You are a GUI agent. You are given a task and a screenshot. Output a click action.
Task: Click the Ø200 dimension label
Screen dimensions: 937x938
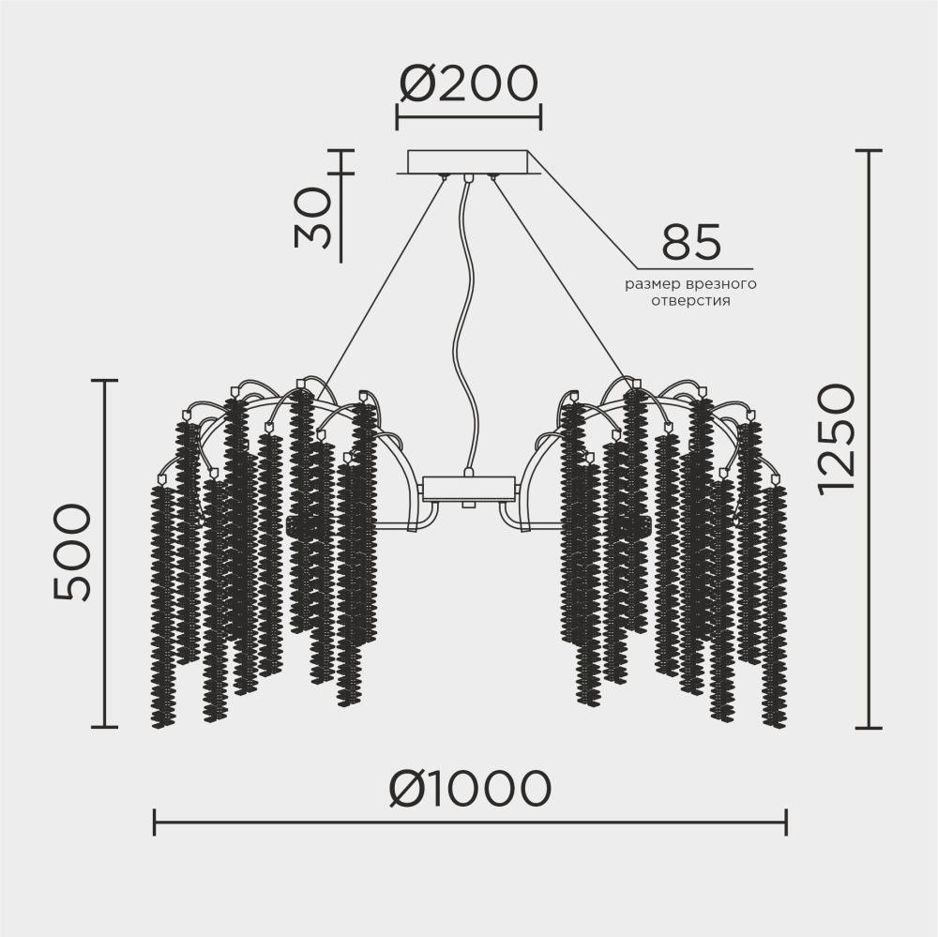[x=468, y=84]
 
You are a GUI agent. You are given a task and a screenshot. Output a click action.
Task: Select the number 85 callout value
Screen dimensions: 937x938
[x=691, y=244]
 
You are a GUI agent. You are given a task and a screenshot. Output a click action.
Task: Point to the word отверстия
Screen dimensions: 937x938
[x=691, y=302]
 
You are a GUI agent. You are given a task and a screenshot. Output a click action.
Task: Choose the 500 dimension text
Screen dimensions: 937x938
[x=73, y=552]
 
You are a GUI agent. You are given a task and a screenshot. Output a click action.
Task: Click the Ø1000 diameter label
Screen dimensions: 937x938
[x=469, y=789]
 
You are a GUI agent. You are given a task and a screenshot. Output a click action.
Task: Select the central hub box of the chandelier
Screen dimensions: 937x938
[x=469, y=489]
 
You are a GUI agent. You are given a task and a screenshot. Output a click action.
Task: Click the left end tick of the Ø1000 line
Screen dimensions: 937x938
[x=154, y=824]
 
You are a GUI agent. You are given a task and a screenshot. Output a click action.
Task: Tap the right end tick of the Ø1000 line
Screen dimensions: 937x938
[x=786, y=824]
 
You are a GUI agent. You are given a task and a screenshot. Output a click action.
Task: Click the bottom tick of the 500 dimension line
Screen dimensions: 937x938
[x=104, y=726]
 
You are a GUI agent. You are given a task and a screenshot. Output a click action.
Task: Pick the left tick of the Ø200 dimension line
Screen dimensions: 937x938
[x=397, y=118]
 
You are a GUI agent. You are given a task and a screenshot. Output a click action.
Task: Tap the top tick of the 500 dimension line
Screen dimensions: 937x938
[x=104, y=380]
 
